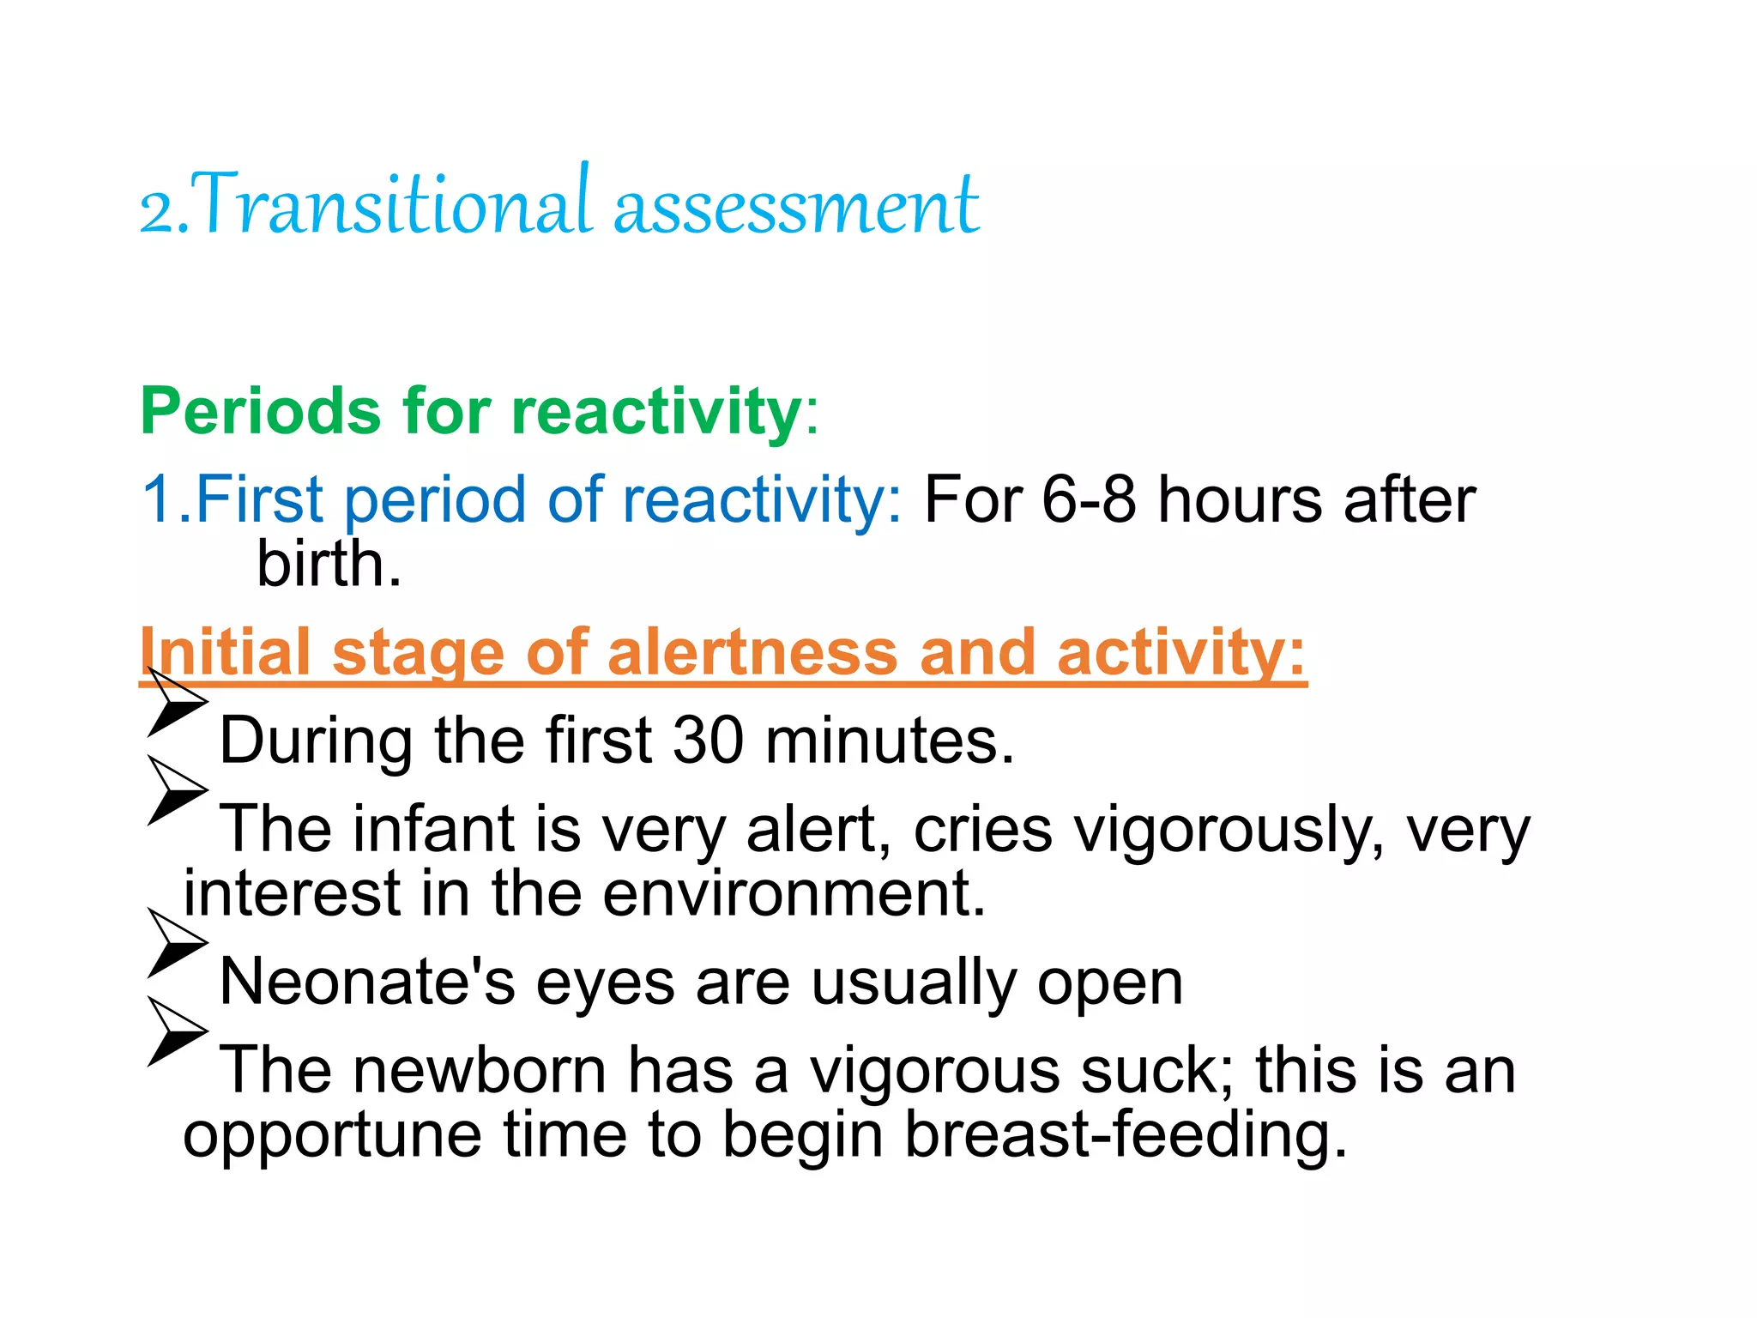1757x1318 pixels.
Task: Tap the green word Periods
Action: coord(260,412)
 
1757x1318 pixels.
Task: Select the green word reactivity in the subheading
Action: coord(656,412)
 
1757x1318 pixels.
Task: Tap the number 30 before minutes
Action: coord(708,740)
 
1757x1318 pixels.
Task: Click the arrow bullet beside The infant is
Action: coord(176,790)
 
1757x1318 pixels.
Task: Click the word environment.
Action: coord(794,894)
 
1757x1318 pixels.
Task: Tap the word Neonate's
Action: coord(367,982)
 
